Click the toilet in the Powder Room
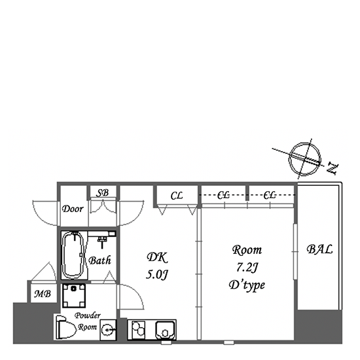[65, 327]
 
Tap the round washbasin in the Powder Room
[108, 330]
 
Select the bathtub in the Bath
[73, 255]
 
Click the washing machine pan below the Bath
[74, 296]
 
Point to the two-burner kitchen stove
[139, 330]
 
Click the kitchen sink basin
[166, 330]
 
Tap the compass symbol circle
[304, 158]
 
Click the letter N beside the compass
[333, 168]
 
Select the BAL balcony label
[319, 249]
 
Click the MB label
[43, 294]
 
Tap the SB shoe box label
[102, 193]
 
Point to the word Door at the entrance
[73, 209]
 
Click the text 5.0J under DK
[157, 274]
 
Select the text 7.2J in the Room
[247, 267]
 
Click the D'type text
[247, 285]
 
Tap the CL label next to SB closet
[177, 196]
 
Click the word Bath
[99, 260]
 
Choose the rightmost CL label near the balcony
[270, 196]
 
